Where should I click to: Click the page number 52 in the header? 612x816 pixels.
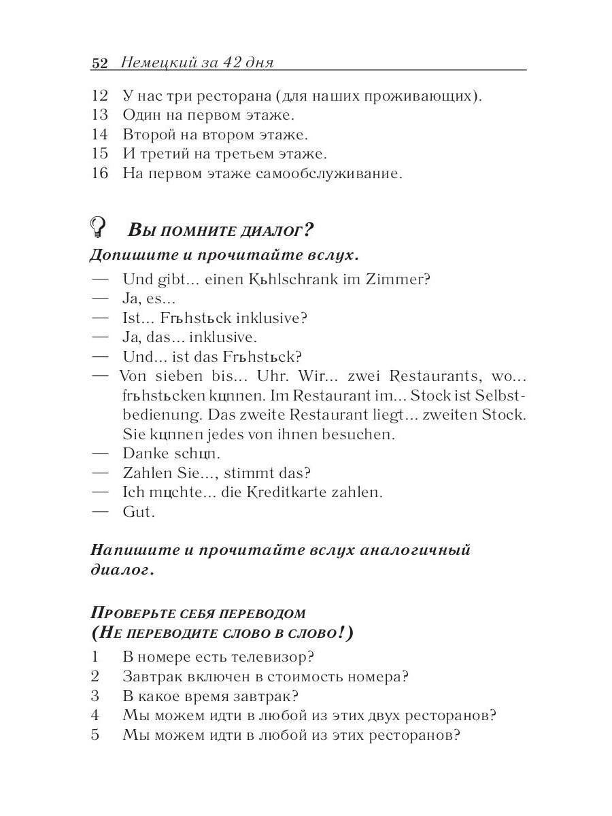[x=99, y=63]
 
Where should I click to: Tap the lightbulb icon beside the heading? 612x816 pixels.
[x=99, y=226]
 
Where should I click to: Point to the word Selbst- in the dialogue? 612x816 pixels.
[x=501, y=395]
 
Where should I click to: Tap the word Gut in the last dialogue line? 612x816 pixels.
[x=139, y=511]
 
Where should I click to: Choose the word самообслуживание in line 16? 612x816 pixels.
[x=328, y=173]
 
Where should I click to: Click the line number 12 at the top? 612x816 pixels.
[x=99, y=96]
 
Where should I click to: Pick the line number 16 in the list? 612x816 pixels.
[x=99, y=173]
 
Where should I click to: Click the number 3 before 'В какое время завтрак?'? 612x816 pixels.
[x=95, y=696]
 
